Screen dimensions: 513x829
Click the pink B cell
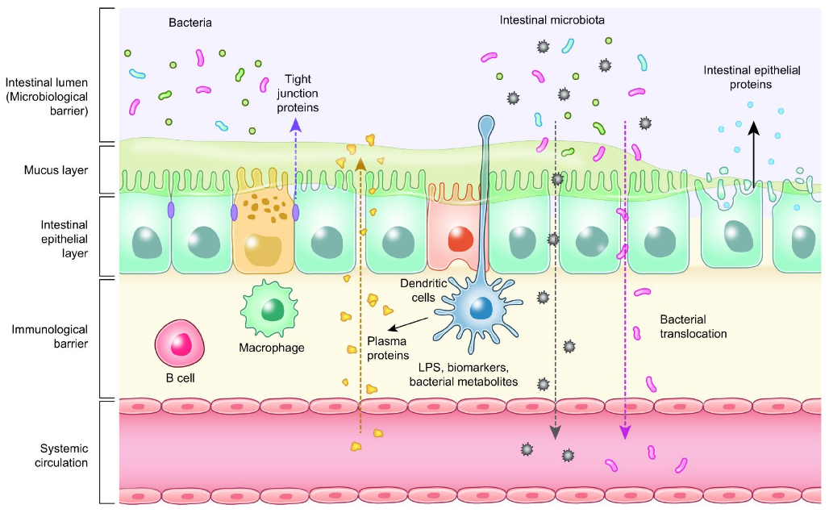(x=179, y=343)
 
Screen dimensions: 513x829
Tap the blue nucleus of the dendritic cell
(x=481, y=308)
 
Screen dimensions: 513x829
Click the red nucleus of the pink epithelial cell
(x=460, y=239)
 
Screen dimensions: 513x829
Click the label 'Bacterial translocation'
(x=693, y=325)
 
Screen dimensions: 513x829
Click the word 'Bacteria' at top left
(x=190, y=23)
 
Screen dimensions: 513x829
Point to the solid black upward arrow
(x=753, y=153)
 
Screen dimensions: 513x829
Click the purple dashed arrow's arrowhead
(x=296, y=124)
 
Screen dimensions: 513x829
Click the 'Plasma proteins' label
(x=388, y=348)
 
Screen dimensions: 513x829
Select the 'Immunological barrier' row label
(x=51, y=337)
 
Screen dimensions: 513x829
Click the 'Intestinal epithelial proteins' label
(x=750, y=77)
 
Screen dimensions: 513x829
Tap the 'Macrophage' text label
(x=272, y=349)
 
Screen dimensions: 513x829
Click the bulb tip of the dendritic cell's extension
(x=486, y=125)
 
